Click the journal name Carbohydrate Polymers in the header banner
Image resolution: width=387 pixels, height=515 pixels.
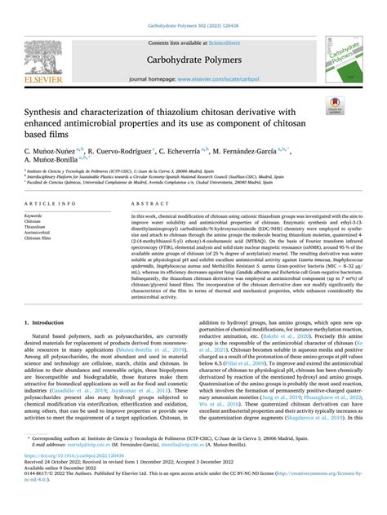coord(193,59)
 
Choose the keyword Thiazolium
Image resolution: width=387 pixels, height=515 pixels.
coord(38,227)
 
